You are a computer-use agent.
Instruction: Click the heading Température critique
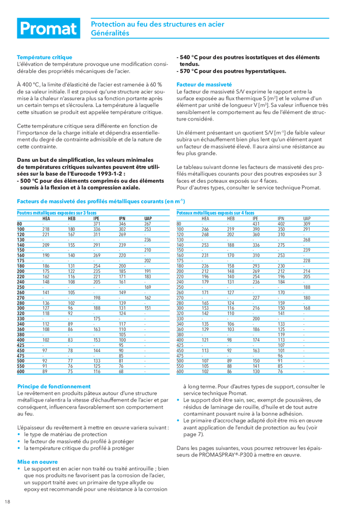pos(44,57)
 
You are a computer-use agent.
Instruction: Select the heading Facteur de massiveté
pos(204,83)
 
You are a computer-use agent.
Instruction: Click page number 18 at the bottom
pos(7,502)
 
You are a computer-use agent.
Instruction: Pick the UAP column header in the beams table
pos(148,218)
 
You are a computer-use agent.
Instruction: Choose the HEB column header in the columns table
pos(231,218)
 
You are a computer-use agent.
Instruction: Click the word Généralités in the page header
pos(110,33)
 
